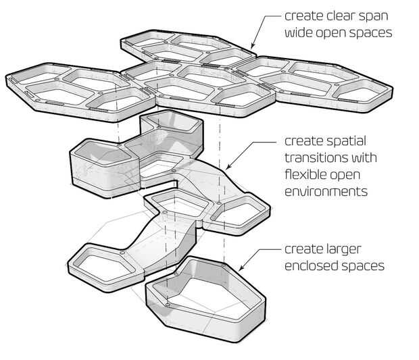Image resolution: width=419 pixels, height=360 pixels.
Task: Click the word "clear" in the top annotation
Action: (x=337, y=15)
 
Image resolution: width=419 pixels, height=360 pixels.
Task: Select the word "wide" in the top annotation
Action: (x=300, y=32)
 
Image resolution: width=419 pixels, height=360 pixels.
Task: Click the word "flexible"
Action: (x=309, y=175)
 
